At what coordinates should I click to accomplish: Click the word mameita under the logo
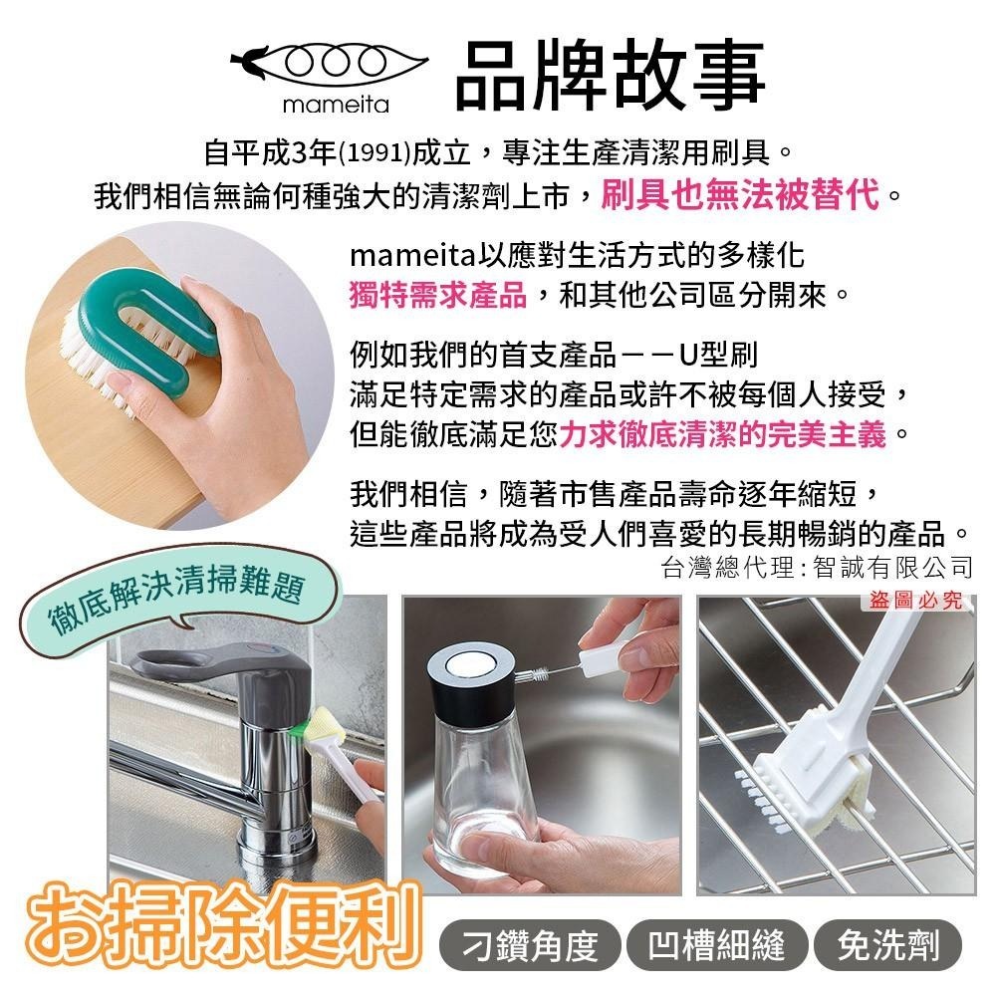pos(336,105)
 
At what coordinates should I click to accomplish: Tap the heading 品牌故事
pos(610,74)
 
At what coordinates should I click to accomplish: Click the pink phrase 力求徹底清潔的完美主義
pos(722,435)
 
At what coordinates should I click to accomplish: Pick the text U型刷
pos(718,354)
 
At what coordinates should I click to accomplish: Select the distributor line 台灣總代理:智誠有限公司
pos(817,567)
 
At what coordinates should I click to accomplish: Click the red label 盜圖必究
pos(915,600)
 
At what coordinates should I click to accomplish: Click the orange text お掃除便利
pos(222,926)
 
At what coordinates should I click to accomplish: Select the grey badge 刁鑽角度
pos(530,944)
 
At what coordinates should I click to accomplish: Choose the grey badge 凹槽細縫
pos(716,944)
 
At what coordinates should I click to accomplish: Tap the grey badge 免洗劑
pos(887,944)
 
